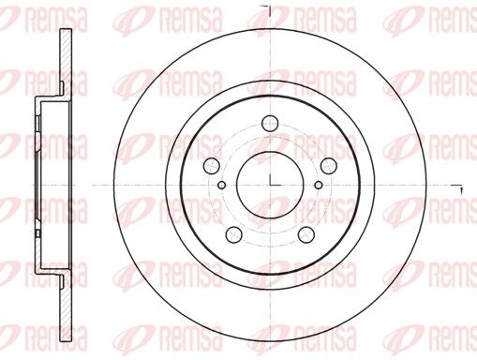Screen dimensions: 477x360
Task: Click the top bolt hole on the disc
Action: tap(270, 124)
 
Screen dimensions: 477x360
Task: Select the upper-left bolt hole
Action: tap(212, 166)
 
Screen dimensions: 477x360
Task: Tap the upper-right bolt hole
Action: tap(329, 166)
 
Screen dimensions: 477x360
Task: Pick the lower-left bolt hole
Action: tap(233, 234)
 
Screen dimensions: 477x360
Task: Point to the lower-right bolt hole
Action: tap(306, 234)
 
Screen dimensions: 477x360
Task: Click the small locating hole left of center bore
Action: tap(221, 185)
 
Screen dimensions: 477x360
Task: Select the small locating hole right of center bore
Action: tap(319, 185)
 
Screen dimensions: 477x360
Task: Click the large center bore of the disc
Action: tap(270, 186)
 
